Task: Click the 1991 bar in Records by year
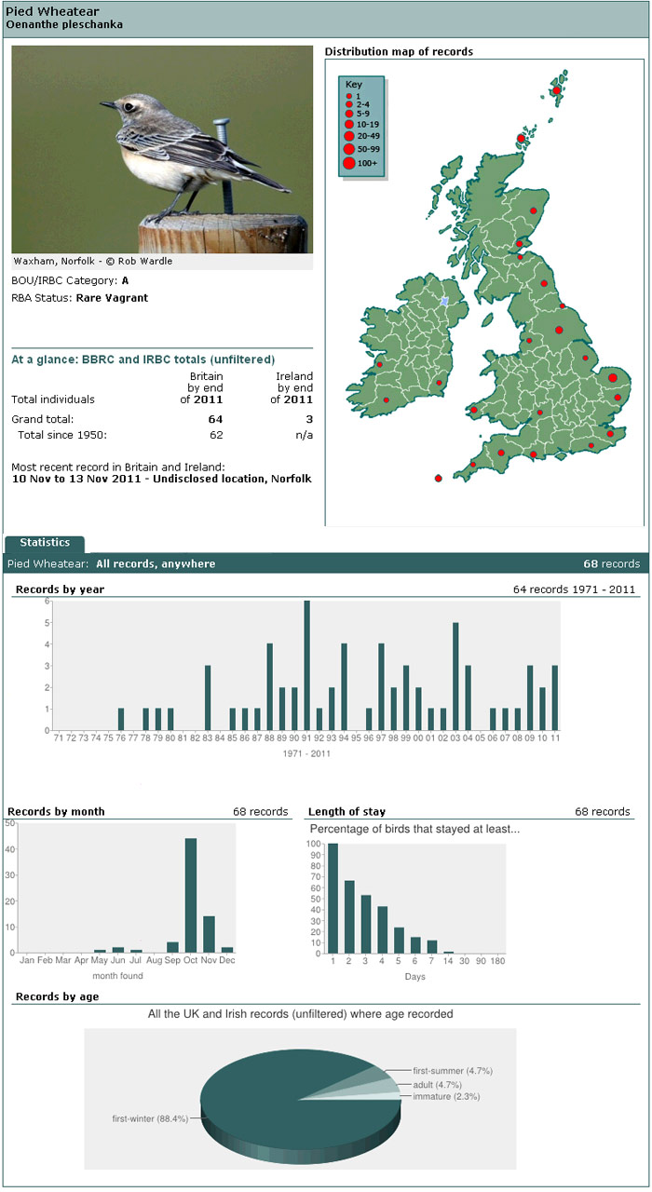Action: pos(307,665)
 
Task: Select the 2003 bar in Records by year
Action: pos(455,676)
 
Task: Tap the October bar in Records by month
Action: pos(191,895)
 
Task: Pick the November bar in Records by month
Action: pos(210,934)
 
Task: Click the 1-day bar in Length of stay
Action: pos(333,899)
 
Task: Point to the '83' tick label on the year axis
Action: pos(207,738)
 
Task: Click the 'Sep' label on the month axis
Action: pos(172,960)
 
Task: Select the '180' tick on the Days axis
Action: pos(497,960)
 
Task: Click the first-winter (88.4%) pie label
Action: pos(150,1118)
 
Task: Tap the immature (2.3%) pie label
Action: pos(446,1096)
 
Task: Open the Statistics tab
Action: pos(45,543)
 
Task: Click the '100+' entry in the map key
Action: pos(367,163)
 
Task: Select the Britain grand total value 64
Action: pos(215,419)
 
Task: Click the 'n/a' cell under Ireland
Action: pos(304,435)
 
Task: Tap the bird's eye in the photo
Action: pos(129,106)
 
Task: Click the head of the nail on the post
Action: pos(222,124)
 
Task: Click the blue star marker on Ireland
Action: pos(444,302)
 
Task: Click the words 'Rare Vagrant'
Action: pos(112,298)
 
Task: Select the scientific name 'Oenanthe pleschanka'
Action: pos(64,24)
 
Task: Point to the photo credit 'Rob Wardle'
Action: pos(145,262)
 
